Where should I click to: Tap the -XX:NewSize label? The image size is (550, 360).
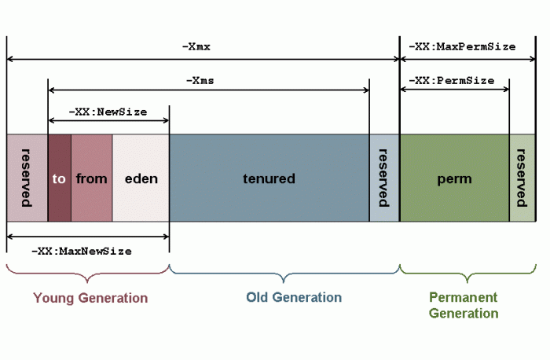[x=108, y=112]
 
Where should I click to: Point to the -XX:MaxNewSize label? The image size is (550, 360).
[x=82, y=251]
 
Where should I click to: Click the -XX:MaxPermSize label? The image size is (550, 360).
[x=463, y=46]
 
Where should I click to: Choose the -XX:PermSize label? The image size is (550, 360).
[x=455, y=80]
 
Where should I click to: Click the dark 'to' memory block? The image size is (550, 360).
[x=59, y=178]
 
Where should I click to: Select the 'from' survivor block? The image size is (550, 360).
[x=91, y=178]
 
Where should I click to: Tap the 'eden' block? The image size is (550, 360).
[x=141, y=178]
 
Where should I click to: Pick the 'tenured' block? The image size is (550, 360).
[x=269, y=178]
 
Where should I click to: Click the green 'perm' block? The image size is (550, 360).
[x=454, y=178]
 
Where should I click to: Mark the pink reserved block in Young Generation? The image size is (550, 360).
[x=27, y=178]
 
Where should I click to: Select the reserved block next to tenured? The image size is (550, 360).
[x=384, y=178]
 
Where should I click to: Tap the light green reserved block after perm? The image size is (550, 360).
[x=522, y=178]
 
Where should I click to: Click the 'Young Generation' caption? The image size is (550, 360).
[x=90, y=298]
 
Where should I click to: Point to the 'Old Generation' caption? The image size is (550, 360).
[x=294, y=297]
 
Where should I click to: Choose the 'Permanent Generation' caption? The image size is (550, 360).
[x=464, y=305]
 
